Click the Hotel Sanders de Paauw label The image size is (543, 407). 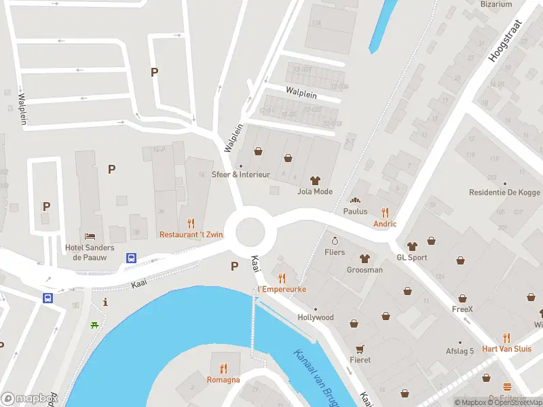[89, 252]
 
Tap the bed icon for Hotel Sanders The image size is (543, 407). [90, 236]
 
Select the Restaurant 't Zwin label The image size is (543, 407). [191, 235]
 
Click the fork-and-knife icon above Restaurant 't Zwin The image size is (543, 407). [191, 222]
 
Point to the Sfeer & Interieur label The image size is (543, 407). [240, 174]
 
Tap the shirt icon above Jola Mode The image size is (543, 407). [315, 180]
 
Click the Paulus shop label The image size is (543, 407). [355, 211]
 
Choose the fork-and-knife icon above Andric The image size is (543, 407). [385, 212]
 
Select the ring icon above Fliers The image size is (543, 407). [335, 241]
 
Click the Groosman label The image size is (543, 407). [365, 270]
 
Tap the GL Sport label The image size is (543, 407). [412, 258]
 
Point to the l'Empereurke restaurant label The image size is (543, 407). [282, 289]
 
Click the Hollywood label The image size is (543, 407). [316, 317]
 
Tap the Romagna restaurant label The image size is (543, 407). [223, 380]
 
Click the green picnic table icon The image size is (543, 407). [94, 325]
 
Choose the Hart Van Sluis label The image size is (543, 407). [506, 349]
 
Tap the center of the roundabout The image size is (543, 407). [250, 233]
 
